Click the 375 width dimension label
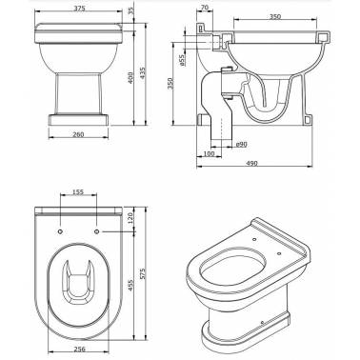pyautogui.click(x=79, y=9)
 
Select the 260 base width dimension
pyautogui.click(x=78, y=134)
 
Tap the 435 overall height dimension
pyautogui.click(x=143, y=73)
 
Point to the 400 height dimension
pyautogui.click(x=130, y=77)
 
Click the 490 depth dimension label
pyautogui.click(x=252, y=163)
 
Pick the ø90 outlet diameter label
pyautogui.click(x=242, y=145)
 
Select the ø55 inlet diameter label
pyautogui.click(x=182, y=60)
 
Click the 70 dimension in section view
pyautogui.click(x=205, y=7)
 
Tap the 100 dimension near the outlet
pyautogui.click(x=209, y=154)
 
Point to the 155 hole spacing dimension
pyautogui.click(x=78, y=191)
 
